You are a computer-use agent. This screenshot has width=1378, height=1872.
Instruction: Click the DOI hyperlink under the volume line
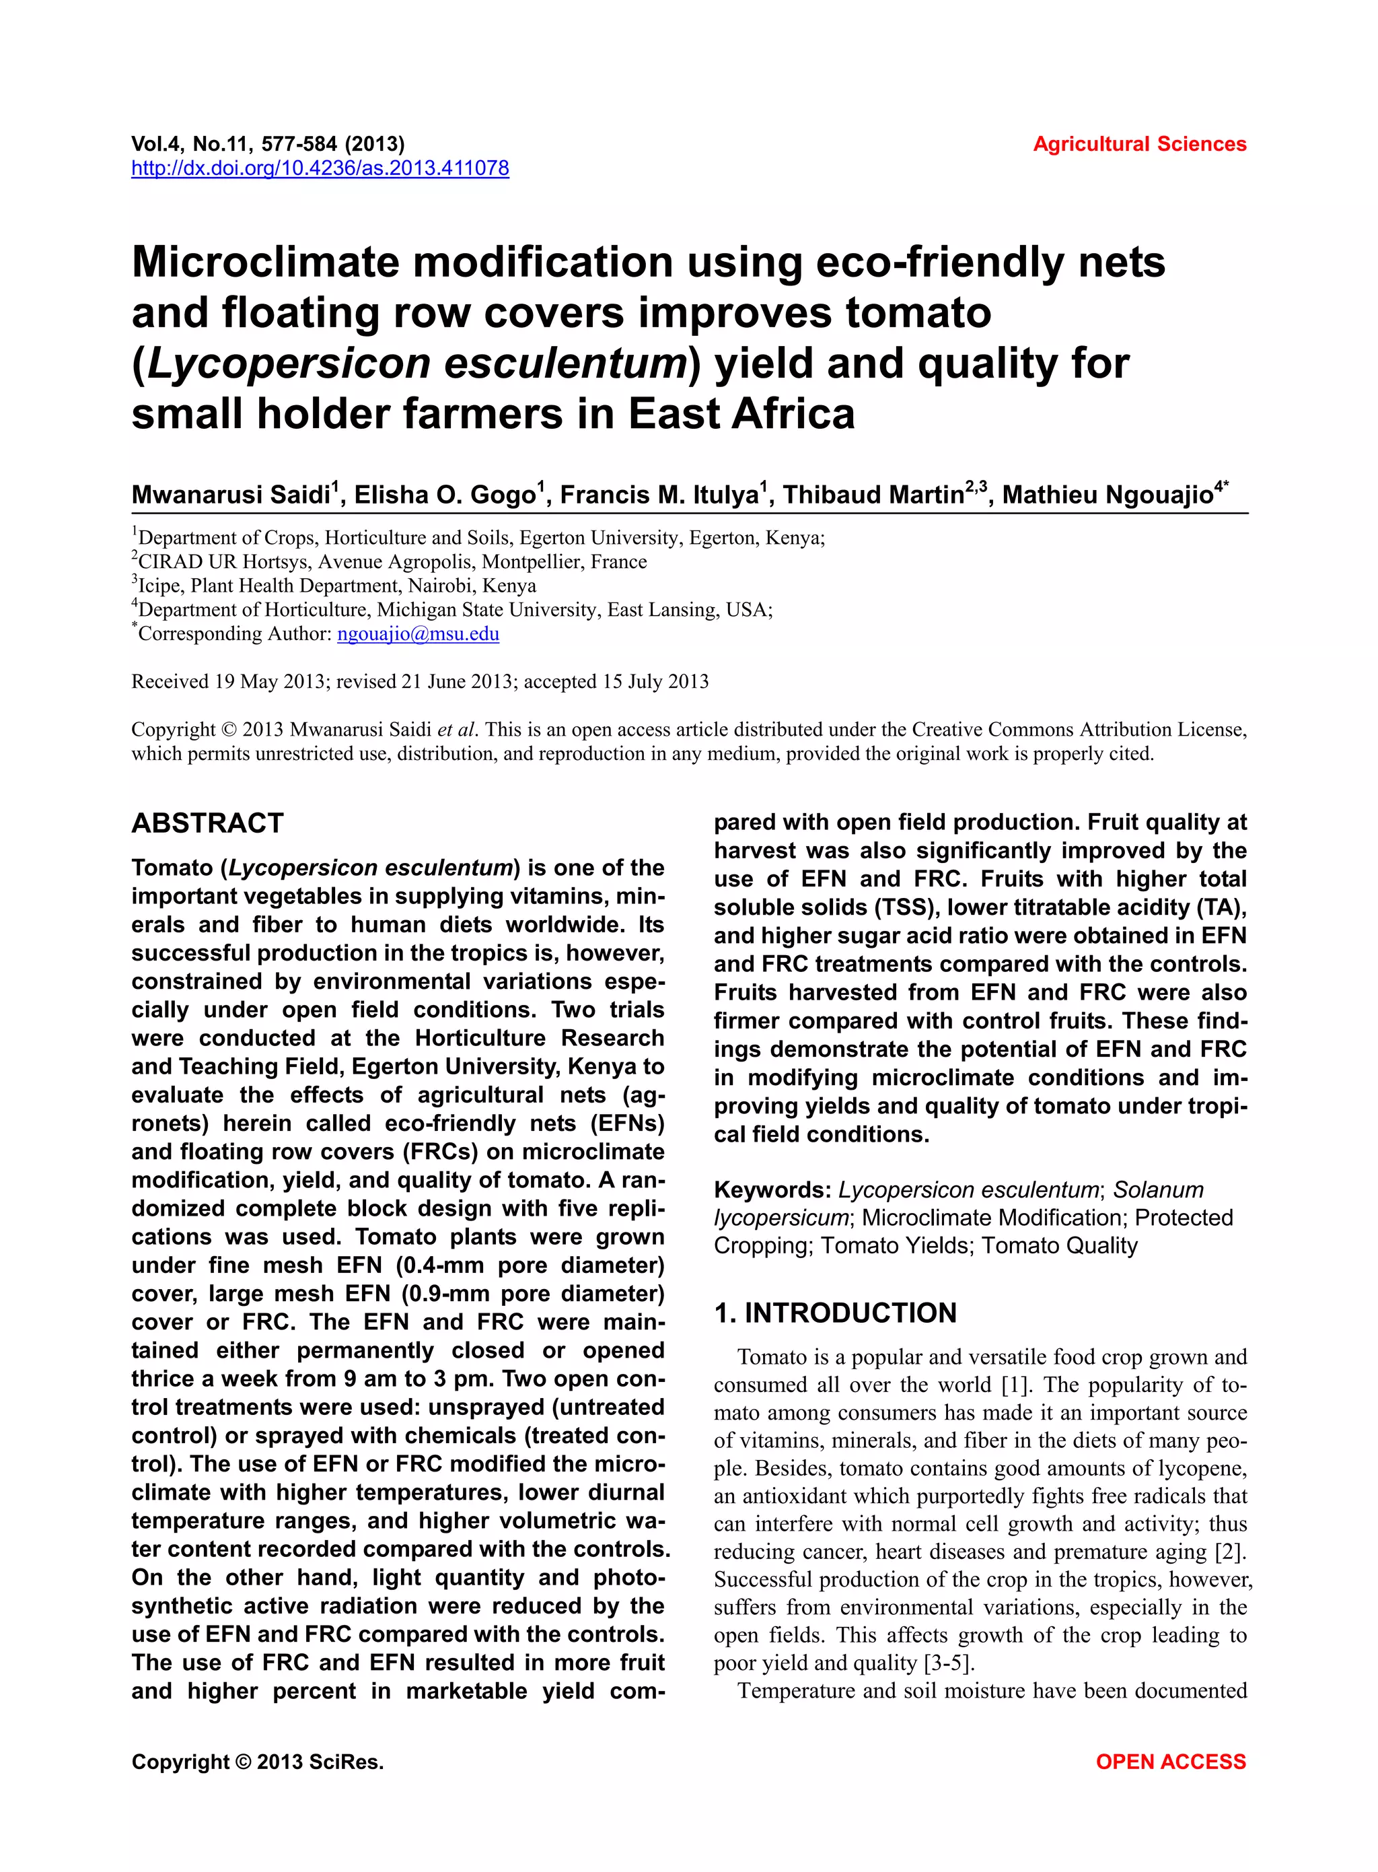click(320, 168)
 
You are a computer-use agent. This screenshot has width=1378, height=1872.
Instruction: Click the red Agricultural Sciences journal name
click(1138, 144)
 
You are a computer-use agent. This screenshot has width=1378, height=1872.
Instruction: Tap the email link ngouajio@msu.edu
click(418, 633)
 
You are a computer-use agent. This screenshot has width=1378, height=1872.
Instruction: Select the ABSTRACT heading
click(208, 823)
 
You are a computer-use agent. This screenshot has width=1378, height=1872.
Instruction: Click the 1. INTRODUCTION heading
click(835, 1313)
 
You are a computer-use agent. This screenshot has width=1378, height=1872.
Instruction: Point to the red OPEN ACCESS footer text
click(1170, 1762)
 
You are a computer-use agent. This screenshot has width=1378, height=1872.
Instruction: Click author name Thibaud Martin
click(873, 495)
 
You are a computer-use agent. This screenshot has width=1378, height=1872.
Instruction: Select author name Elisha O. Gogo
click(445, 495)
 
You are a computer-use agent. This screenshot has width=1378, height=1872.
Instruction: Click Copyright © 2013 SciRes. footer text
click(257, 1762)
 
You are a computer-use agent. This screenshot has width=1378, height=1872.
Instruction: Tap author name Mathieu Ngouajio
click(1107, 495)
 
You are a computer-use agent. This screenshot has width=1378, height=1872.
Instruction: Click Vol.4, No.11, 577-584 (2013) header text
click(268, 144)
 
